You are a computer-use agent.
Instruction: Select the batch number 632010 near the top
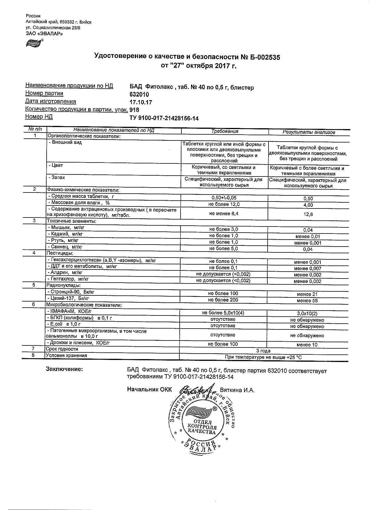pyautogui.click(x=139, y=94)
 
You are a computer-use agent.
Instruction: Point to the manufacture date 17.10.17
pyautogui.click(x=141, y=102)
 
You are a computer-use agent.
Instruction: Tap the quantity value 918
pyautogui.click(x=134, y=110)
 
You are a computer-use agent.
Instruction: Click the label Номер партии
pyautogui.click(x=44, y=93)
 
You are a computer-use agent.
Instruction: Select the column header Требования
pyautogui.click(x=225, y=131)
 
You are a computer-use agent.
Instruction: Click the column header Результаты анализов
pyautogui.click(x=309, y=132)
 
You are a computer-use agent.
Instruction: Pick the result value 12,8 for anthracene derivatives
pyautogui.click(x=308, y=214)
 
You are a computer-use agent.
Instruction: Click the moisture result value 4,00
pyautogui.click(x=308, y=205)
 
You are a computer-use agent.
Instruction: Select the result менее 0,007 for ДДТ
pyautogui.click(x=308, y=268)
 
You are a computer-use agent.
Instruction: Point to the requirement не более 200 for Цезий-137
pyautogui.click(x=223, y=300)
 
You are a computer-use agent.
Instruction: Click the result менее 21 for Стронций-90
pyautogui.click(x=307, y=294)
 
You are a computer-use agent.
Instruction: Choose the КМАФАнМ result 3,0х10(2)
pyautogui.click(x=307, y=314)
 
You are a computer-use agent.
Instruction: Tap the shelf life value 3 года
pyautogui.click(x=263, y=351)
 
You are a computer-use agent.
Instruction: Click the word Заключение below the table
pyautogui.click(x=64, y=369)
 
